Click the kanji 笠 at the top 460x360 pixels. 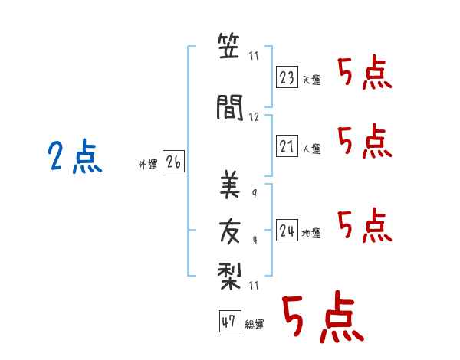229,46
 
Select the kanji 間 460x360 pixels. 230,107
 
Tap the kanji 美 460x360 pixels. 230,185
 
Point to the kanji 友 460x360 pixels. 230,232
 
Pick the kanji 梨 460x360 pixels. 230,277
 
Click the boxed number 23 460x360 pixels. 287,77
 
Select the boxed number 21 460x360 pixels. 287,146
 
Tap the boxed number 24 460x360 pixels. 287,231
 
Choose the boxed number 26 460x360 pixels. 173,162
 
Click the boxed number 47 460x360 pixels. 230,321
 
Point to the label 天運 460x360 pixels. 312,80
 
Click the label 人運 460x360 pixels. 312,149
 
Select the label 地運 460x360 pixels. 311,234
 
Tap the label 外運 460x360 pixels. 148,165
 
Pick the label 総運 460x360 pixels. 255,324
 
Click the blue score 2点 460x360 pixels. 75,155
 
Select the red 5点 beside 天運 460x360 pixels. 365,73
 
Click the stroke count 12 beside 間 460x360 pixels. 254,117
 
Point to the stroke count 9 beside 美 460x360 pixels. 255,194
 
